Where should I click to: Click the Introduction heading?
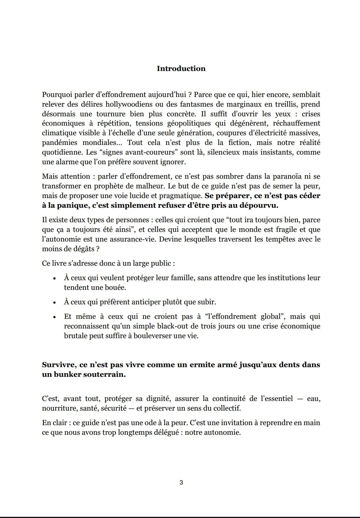[181, 68]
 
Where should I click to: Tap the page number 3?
[181, 482]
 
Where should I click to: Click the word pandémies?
[59, 143]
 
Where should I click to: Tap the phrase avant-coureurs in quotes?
[151, 152]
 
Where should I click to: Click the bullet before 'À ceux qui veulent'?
[55, 278]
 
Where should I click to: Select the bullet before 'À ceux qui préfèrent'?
[55, 302]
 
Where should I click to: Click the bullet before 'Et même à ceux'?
[55, 317]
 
